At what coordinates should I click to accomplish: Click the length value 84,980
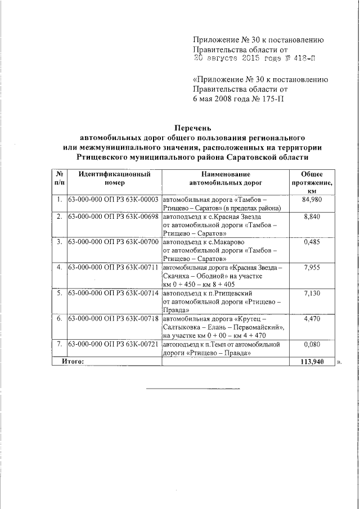tap(312, 200)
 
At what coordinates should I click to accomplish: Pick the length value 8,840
tap(312, 217)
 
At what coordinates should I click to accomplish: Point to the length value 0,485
tap(312, 241)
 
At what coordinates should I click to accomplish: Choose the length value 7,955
tap(312, 267)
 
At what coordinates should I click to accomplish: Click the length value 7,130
tap(312, 293)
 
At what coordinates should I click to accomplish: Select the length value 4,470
tap(312, 319)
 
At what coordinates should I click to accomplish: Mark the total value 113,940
tap(310, 362)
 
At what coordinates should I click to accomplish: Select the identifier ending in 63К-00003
tap(112, 200)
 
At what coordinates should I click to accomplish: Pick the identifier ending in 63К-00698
tap(112, 217)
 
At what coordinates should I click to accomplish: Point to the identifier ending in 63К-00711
tap(112, 267)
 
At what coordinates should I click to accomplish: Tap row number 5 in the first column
tap(59, 293)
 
